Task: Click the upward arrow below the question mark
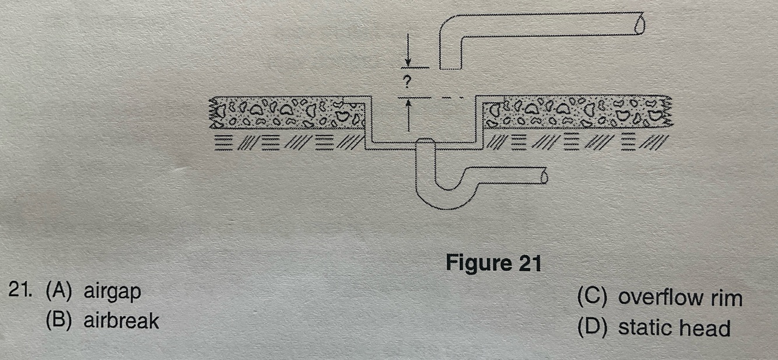point(408,114)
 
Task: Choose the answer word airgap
point(112,292)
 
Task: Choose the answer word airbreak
point(121,321)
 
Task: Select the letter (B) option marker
point(59,321)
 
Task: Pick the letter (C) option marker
point(593,298)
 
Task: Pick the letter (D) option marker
point(593,327)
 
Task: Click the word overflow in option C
point(660,298)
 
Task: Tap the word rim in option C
point(727,298)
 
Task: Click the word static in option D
point(642,327)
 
